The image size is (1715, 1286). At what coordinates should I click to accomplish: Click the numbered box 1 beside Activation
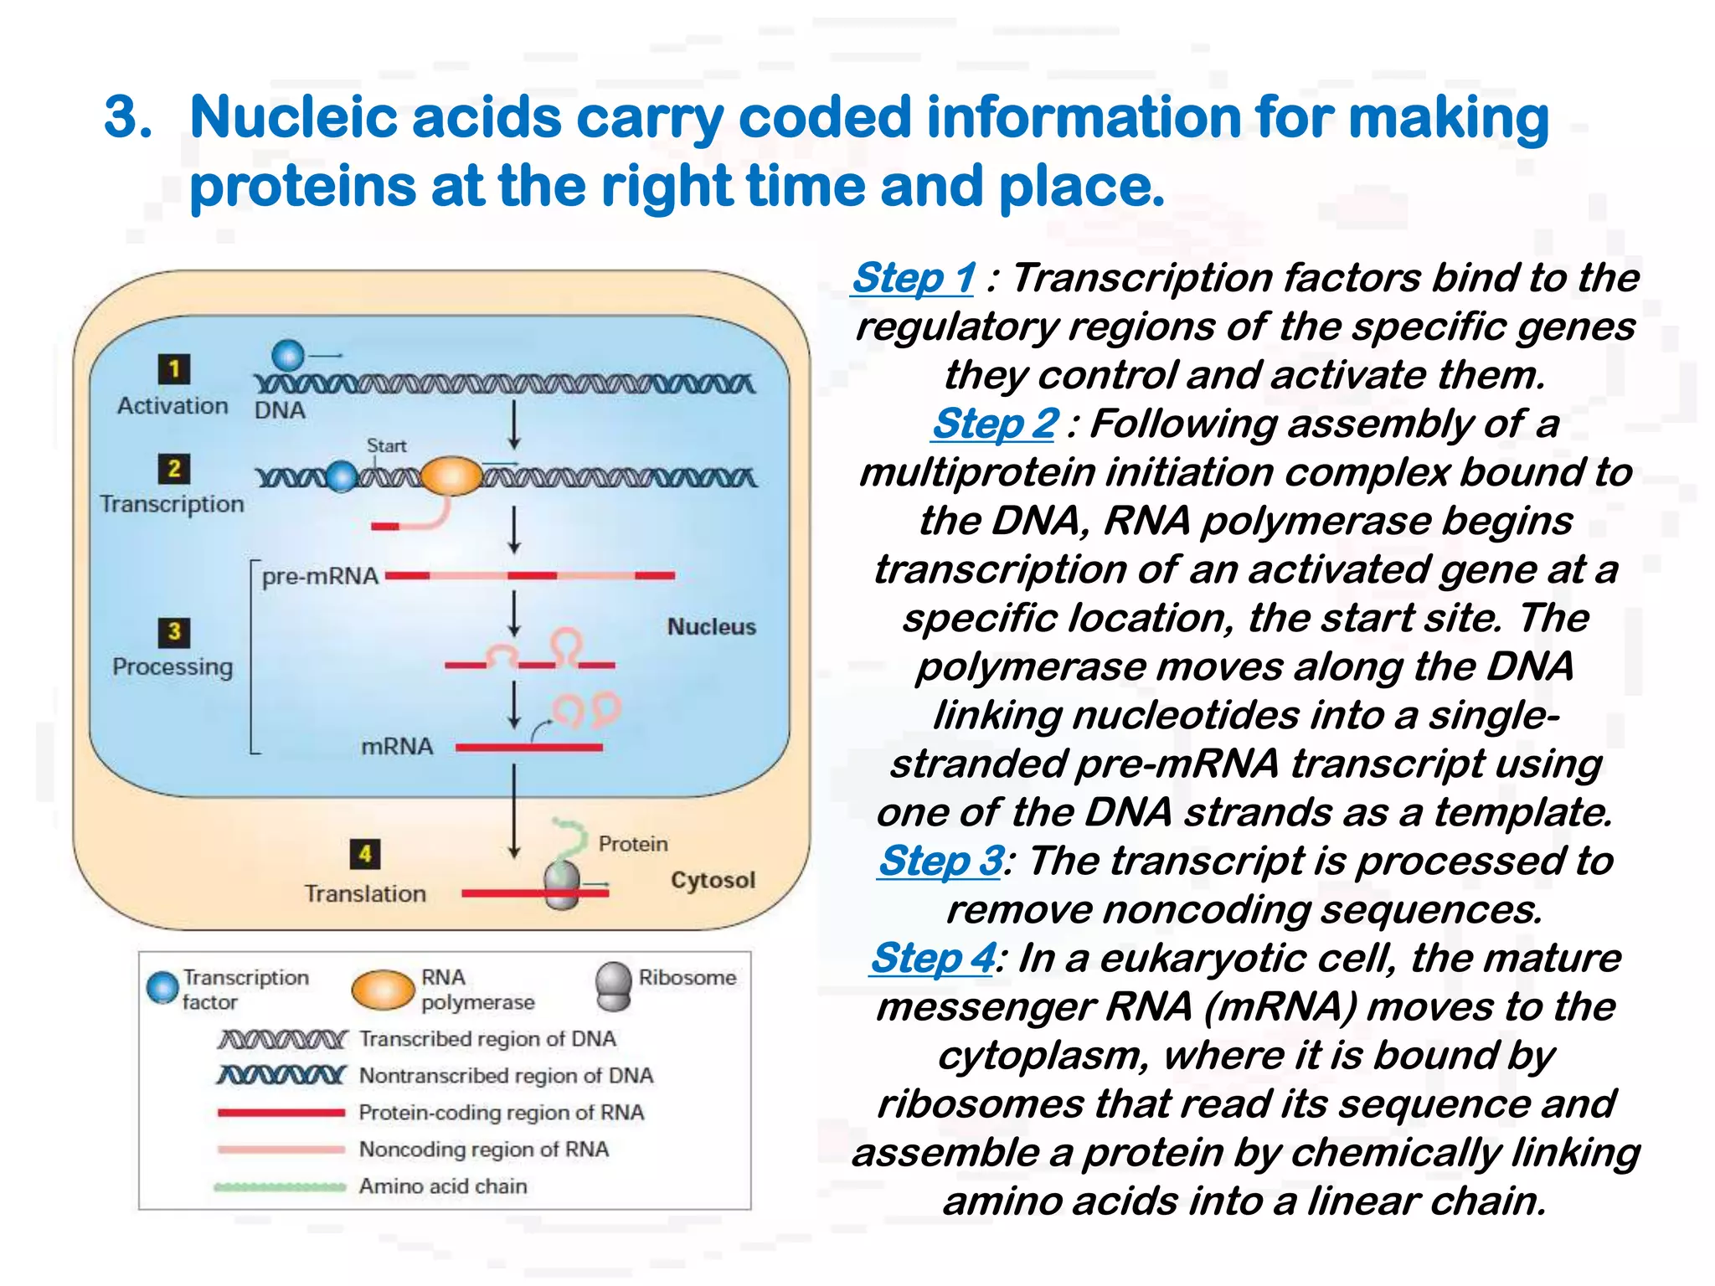point(174,369)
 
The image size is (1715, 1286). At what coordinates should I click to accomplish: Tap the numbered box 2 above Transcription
point(174,468)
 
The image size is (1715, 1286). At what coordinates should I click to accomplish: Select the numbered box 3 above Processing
point(174,631)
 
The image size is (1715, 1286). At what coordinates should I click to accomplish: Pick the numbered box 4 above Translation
point(365,854)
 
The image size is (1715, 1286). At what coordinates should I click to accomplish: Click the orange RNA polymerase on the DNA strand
point(451,476)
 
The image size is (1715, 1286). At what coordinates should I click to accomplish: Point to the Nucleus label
point(711,626)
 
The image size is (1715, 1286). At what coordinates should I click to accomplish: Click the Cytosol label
point(713,880)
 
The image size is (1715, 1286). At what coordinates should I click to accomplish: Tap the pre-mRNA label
point(320,576)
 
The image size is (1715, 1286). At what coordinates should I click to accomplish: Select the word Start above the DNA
point(386,445)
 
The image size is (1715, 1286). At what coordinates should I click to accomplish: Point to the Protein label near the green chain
point(633,843)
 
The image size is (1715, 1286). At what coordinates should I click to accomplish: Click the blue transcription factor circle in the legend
point(162,987)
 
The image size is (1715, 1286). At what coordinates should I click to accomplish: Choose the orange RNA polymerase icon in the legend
point(383,990)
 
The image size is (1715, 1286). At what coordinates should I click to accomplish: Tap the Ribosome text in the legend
point(687,977)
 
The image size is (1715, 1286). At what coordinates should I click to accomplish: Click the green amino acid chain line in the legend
point(280,1186)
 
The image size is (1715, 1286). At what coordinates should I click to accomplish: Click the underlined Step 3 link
point(940,860)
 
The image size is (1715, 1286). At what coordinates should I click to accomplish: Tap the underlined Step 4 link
point(933,957)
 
